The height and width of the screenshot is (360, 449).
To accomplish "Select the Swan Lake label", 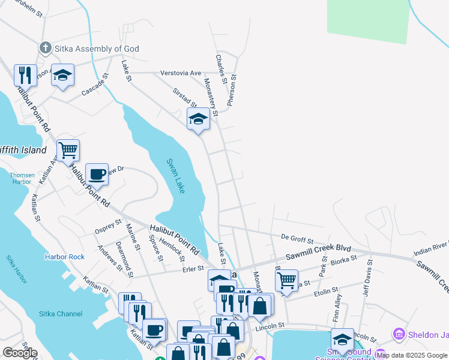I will [174, 175].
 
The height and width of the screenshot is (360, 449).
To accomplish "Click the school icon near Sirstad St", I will [198, 119].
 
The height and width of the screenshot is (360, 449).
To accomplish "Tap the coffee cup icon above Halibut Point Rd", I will [97, 174].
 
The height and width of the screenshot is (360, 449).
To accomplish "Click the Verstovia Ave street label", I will [181, 73].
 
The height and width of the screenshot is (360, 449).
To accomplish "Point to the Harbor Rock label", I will [64, 257].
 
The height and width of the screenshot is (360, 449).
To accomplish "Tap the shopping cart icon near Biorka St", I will [287, 280].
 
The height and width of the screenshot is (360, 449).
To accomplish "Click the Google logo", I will [20, 352].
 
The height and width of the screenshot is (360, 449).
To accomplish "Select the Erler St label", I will [193, 269].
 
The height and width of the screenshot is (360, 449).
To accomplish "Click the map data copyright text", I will [412, 355].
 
